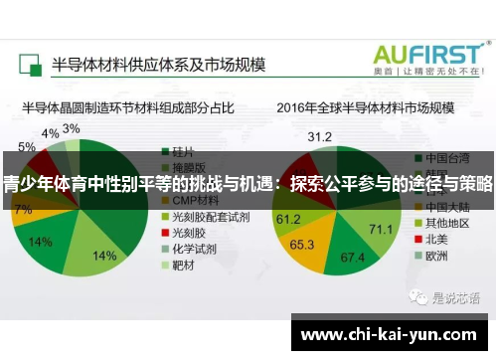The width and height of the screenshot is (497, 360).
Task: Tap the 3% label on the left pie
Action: pyautogui.click(x=72, y=128)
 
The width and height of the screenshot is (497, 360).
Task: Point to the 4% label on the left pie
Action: pyautogui.click(x=50, y=132)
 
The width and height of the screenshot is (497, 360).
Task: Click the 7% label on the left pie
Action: pyautogui.click(x=22, y=210)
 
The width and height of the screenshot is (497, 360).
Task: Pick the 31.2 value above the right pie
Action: pyautogui.click(x=319, y=135)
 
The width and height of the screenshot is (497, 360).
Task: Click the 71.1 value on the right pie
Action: pyautogui.click(x=381, y=230)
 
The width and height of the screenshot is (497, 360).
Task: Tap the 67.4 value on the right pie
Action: pyautogui.click(x=354, y=258)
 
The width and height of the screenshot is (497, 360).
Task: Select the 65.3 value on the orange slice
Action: pyautogui.click(x=302, y=243)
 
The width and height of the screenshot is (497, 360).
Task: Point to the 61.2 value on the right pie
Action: pyautogui.click(x=288, y=218)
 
